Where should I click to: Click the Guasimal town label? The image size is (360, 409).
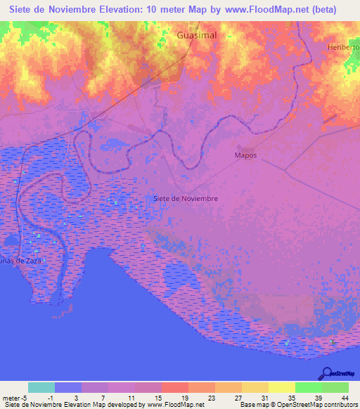(x=196, y=34)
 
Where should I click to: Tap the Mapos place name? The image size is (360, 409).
(x=245, y=155)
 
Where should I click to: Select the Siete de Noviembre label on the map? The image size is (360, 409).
(x=185, y=198)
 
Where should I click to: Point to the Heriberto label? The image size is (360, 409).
(x=343, y=47)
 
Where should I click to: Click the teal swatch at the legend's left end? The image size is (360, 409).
(x=41, y=387)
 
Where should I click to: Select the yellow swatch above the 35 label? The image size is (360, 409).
(x=282, y=387)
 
